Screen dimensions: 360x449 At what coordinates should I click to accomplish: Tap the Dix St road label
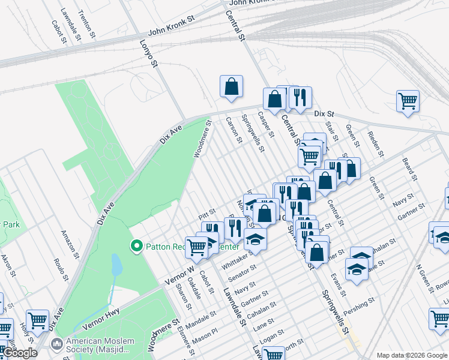(x=323, y=113)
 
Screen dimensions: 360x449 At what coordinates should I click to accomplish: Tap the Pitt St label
(x=207, y=213)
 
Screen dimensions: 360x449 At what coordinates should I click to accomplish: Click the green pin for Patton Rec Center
(x=136, y=246)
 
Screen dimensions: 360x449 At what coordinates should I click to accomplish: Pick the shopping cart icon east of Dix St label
(x=408, y=101)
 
